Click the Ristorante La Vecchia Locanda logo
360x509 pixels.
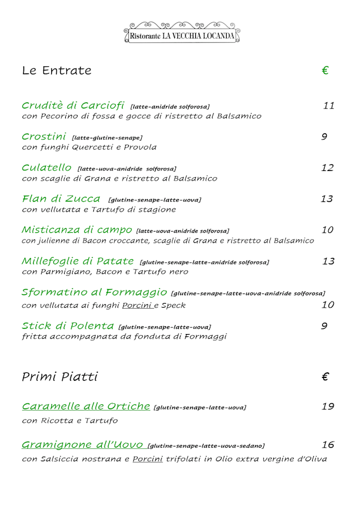coord(182,33)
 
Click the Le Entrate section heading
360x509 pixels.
coord(56,71)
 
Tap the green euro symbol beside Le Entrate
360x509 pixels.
coord(325,71)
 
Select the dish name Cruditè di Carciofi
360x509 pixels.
coord(73,106)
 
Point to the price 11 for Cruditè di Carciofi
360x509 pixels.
coord(328,106)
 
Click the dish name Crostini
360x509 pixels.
coord(44,137)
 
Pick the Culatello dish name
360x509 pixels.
coord(47,168)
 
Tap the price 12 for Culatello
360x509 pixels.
coord(327,168)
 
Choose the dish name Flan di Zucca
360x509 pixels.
coord(61,199)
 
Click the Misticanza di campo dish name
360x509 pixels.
coord(76,229)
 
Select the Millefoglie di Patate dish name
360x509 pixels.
coord(78,261)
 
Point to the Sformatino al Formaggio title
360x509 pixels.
coord(94,292)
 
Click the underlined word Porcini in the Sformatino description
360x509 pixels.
coord(138,305)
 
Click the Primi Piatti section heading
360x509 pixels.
coord(60,377)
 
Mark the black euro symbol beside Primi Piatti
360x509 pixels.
coord(325,377)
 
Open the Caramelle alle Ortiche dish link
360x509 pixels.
coord(85,406)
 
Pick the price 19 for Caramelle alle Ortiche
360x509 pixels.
coord(327,406)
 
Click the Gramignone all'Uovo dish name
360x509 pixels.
coord(82,445)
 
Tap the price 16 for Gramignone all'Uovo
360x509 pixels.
coord(327,445)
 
